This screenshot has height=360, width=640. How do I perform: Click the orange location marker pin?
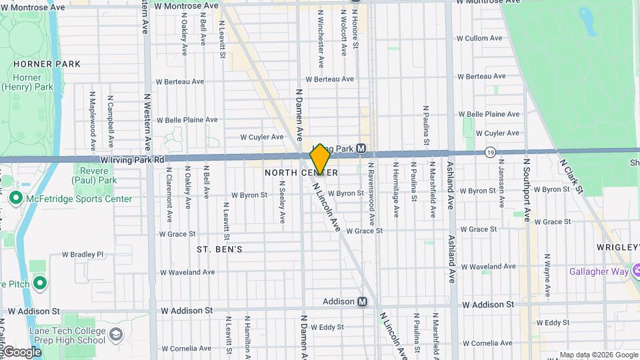tap(320, 159)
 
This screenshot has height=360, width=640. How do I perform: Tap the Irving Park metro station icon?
tap(361, 148)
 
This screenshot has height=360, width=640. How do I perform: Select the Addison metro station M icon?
tap(363, 301)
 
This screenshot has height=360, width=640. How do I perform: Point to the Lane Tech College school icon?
tap(117, 333)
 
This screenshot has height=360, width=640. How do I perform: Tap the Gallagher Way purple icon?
tap(637, 271)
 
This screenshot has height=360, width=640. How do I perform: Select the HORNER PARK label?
tap(47, 64)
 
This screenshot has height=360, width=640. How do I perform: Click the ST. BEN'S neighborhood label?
tap(219, 249)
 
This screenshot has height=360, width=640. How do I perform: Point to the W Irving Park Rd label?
tap(133, 160)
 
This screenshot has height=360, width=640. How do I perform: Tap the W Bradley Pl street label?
tap(83, 254)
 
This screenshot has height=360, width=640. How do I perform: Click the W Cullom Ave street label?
tap(479, 38)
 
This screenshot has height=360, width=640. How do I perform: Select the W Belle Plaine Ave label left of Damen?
tap(187, 120)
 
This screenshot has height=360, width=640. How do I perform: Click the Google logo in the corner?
tap(22, 351)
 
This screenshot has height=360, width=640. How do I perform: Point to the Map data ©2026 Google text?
tap(598, 355)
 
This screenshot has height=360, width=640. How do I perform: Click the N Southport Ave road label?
tap(527, 190)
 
